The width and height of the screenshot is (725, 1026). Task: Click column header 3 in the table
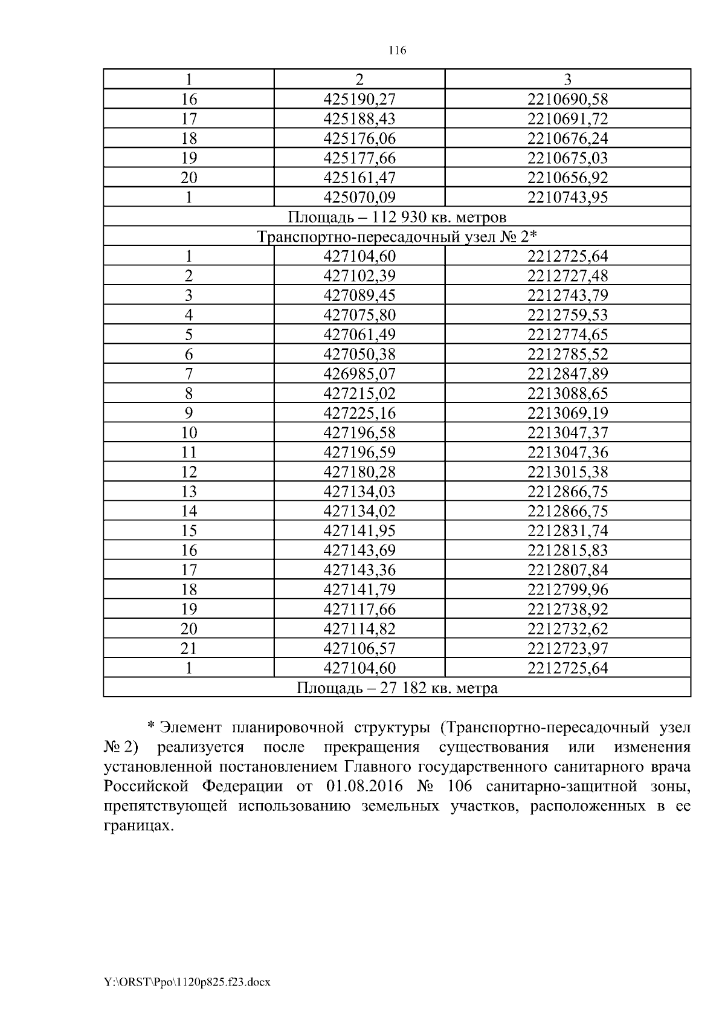coord(567,79)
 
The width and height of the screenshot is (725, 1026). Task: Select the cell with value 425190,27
coord(359,99)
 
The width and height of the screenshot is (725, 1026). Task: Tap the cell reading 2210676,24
coord(567,138)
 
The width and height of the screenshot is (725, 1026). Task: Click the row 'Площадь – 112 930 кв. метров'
coord(396,217)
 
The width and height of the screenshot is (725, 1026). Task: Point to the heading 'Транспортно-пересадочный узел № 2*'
coord(396,236)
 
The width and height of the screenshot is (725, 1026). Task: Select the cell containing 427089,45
coord(359,295)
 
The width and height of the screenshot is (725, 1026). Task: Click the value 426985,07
coord(359,374)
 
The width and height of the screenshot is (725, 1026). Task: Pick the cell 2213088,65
coord(567,393)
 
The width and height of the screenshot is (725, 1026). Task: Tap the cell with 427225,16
coord(359,413)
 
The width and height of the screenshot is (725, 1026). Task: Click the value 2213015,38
coord(567,472)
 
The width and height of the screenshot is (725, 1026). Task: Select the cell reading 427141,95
coord(359,531)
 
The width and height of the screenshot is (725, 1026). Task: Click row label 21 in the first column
coord(189,648)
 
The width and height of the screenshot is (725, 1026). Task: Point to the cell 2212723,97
coord(567,648)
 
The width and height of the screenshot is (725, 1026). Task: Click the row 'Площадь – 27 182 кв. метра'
coord(396,688)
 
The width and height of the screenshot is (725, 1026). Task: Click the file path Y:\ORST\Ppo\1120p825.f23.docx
coord(187,982)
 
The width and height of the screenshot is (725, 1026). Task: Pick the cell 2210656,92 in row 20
coord(567,178)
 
